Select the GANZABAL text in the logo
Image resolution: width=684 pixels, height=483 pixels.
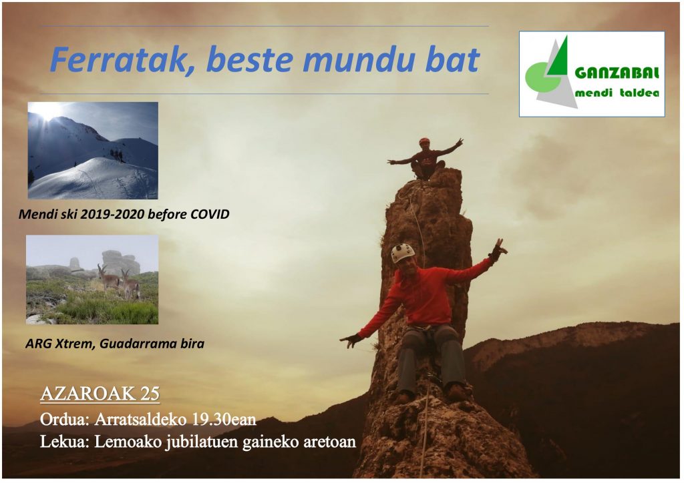point(617,73)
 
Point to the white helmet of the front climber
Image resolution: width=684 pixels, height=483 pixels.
point(403,253)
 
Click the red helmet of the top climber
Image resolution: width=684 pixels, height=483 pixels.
point(424,141)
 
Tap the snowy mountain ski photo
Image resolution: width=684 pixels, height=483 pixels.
point(93,150)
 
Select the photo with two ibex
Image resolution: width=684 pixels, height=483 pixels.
point(92,280)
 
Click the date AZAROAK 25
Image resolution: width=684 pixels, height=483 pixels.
point(100,394)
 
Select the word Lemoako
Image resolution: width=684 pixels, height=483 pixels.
point(128,442)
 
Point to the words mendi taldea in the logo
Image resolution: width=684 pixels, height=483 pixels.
point(617,93)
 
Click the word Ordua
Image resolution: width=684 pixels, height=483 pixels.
point(65,419)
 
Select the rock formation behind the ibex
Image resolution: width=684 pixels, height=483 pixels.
point(118,262)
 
